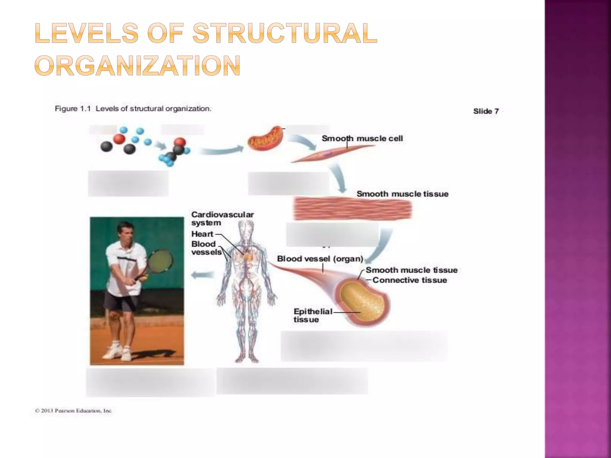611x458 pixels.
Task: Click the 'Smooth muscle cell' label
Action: tap(362, 138)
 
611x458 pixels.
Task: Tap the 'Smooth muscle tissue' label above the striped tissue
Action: tap(402, 194)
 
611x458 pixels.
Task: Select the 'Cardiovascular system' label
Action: tap(222, 219)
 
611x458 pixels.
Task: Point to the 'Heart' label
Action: tap(202, 234)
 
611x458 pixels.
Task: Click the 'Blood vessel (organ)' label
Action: tap(320, 259)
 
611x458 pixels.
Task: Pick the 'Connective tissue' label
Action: tap(410, 280)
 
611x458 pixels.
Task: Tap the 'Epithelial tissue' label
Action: tap(312, 315)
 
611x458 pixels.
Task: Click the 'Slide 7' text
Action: tap(486, 111)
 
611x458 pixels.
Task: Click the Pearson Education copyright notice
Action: tap(73, 411)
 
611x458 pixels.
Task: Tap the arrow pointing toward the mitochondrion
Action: tap(221, 151)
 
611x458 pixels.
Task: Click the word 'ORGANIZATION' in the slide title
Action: tap(138, 65)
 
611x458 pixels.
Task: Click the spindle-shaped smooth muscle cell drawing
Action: tap(328, 154)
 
